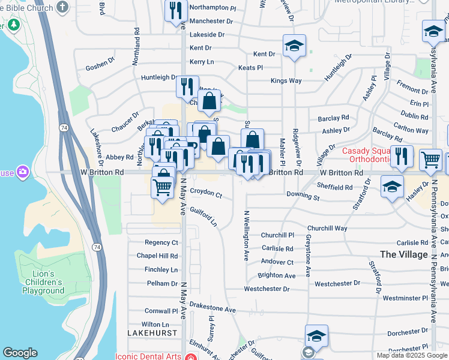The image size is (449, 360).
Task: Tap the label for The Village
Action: pos(404,254)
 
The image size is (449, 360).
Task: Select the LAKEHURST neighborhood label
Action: pos(152,332)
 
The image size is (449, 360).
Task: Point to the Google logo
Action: pos(20,353)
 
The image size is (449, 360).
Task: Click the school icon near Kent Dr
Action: pos(295,46)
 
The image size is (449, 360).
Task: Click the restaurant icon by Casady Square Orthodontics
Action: pos(402,157)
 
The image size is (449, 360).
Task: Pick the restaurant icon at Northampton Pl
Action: pos(176,10)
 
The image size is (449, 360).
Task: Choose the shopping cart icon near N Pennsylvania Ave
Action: pos(430,160)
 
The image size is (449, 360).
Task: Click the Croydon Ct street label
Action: pos(206,195)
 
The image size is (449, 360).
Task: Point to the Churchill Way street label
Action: pos(327,229)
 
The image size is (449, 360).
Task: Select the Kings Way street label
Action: pos(286,80)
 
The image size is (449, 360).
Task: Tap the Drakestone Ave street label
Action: pos(212,308)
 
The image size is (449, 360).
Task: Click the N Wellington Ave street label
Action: pos(246,235)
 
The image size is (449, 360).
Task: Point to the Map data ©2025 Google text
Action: pos(411,355)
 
